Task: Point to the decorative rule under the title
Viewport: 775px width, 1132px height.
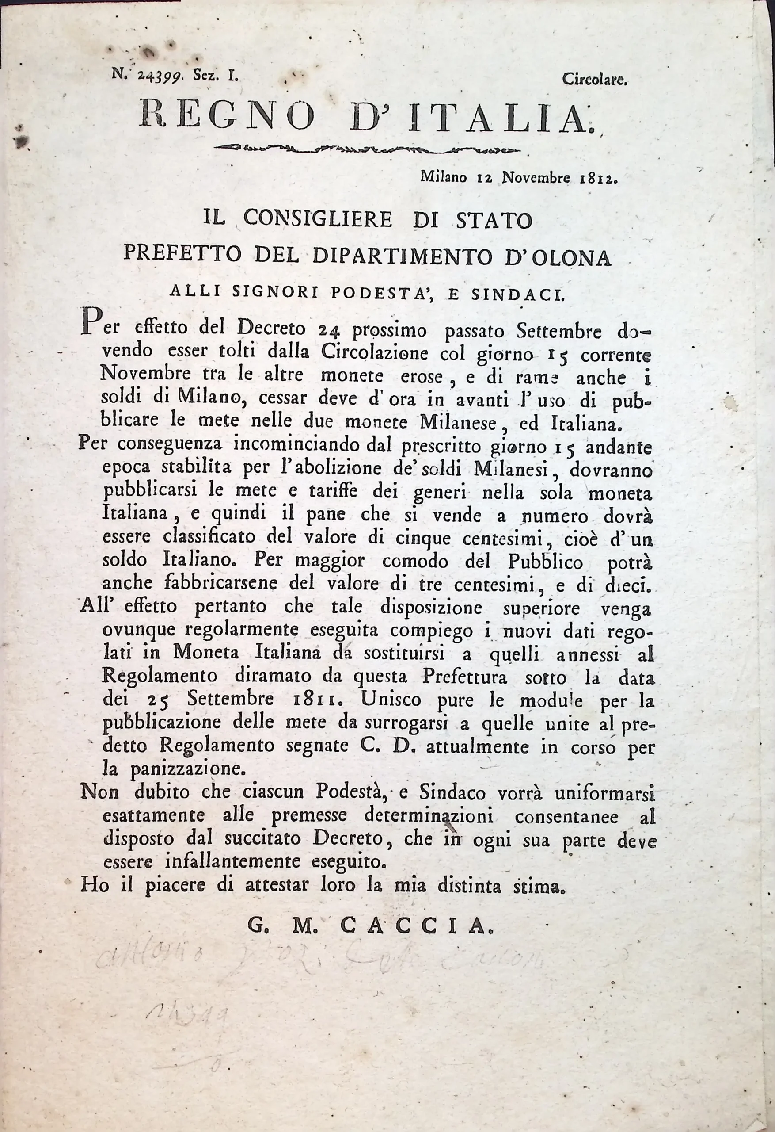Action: [368, 149]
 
